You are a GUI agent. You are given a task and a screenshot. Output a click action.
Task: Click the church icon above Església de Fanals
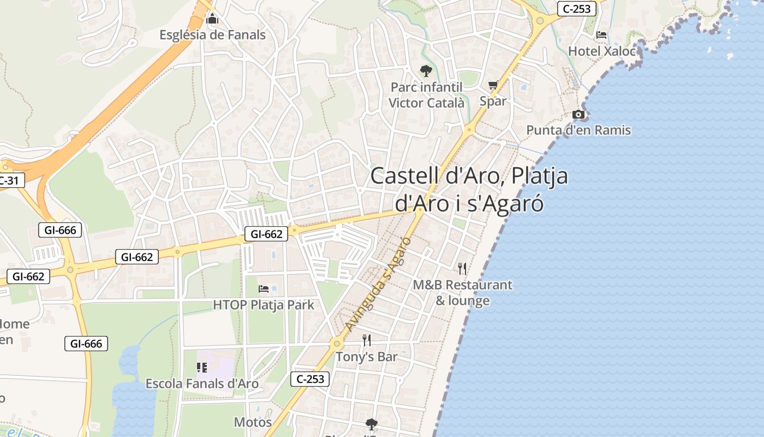[212, 20]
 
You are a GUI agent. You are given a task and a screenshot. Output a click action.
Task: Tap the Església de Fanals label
[212, 35]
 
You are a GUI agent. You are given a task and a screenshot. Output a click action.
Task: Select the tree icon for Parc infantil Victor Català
[426, 71]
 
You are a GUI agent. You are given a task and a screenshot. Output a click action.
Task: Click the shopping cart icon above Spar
[493, 85]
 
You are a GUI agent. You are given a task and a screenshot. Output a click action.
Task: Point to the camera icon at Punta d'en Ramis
[578, 115]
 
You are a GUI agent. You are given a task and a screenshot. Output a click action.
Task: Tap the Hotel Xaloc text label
[602, 51]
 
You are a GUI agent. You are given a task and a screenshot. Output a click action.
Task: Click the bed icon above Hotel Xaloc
[601, 35]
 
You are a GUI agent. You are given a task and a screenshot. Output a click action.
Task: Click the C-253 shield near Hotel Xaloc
[576, 9]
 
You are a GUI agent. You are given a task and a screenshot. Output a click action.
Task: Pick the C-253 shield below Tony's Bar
[311, 379]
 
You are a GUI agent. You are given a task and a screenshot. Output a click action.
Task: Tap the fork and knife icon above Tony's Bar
[367, 340]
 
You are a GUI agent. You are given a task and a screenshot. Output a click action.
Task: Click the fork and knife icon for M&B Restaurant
[462, 268]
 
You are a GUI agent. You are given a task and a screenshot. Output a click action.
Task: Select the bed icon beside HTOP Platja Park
[264, 288]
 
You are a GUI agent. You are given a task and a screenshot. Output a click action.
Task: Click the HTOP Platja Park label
[264, 305]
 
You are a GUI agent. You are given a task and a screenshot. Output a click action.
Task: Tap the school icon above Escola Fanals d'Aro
[202, 368]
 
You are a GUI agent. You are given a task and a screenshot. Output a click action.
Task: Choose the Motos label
[253, 422]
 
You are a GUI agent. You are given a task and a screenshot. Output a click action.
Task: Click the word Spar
[493, 101]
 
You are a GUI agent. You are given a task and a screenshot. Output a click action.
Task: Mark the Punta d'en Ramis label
[578, 131]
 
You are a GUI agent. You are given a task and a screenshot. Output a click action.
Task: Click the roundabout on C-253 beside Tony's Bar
[336, 344]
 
